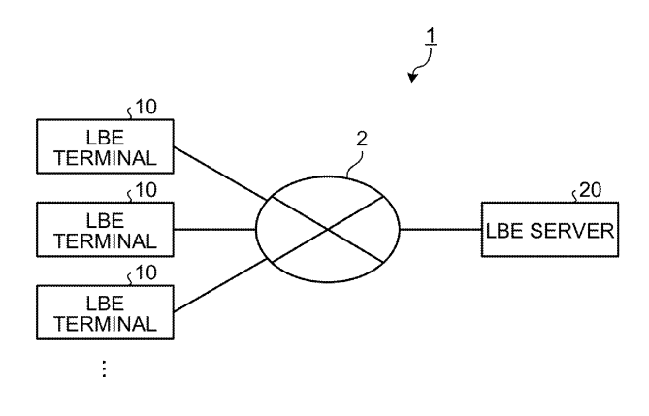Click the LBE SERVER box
[x=549, y=230]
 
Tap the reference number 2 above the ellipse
[x=361, y=139]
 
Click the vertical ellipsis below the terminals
[x=104, y=369]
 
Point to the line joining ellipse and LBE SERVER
[x=440, y=230]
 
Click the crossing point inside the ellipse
[x=328, y=230]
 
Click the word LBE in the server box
[x=508, y=230]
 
